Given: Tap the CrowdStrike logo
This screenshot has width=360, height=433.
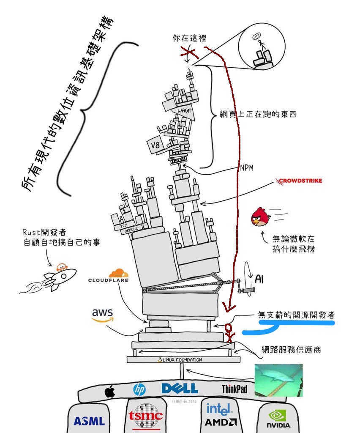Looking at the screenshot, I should (x=299, y=181).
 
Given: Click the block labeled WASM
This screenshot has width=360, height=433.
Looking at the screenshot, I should (x=185, y=111).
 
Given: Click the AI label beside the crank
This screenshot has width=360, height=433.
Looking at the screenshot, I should (x=259, y=278).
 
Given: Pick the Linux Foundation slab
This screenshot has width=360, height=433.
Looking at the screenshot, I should (x=183, y=360).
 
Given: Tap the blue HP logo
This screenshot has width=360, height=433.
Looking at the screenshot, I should (x=139, y=389).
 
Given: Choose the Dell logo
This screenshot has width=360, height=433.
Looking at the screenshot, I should (x=180, y=389).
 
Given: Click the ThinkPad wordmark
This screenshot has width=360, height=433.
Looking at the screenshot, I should (x=235, y=389).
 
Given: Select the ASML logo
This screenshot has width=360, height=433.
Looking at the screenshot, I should (x=89, y=421).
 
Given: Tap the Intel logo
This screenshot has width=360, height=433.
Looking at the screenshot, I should (x=219, y=409).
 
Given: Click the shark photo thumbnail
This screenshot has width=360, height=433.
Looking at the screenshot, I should (x=278, y=380).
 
